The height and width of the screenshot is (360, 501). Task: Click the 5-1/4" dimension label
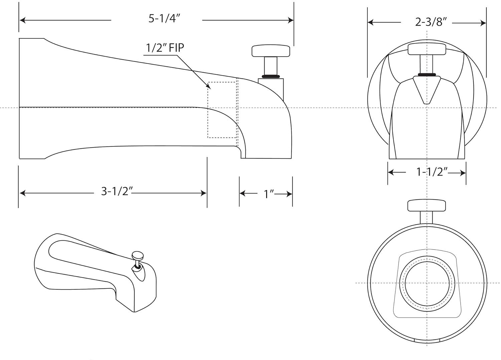[x=164, y=19]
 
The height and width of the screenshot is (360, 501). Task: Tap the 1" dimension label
[x=269, y=194]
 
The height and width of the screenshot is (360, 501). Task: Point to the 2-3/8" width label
[x=431, y=22]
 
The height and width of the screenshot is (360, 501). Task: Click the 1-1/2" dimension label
[x=432, y=172]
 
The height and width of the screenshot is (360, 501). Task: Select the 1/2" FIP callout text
[x=164, y=48]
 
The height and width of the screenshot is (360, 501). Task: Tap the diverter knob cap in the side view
[x=271, y=50]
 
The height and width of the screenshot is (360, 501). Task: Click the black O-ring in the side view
[x=271, y=76]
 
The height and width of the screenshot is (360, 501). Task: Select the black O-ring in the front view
[x=427, y=74]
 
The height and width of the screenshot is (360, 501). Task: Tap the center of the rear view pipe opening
[x=427, y=283]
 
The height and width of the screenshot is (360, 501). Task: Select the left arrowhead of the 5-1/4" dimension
[x=22, y=20]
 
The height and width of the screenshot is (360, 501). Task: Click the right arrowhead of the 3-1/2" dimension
[x=203, y=193]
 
